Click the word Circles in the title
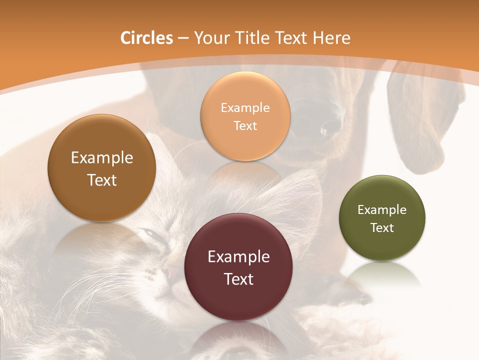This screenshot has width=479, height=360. (x=147, y=38)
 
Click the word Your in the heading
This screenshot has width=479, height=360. (x=212, y=38)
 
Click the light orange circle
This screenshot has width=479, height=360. (x=245, y=116)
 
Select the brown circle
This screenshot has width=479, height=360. (x=102, y=168)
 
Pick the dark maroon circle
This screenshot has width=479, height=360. (x=239, y=267)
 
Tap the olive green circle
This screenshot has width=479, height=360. (x=382, y=218)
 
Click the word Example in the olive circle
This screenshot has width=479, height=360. (x=382, y=210)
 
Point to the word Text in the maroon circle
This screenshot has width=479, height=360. (x=239, y=279)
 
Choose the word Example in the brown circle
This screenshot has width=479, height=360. (x=102, y=158)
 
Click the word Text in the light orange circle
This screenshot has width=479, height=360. (x=245, y=125)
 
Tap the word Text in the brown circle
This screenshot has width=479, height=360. (x=102, y=180)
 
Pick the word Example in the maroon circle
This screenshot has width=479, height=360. (x=239, y=257)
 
